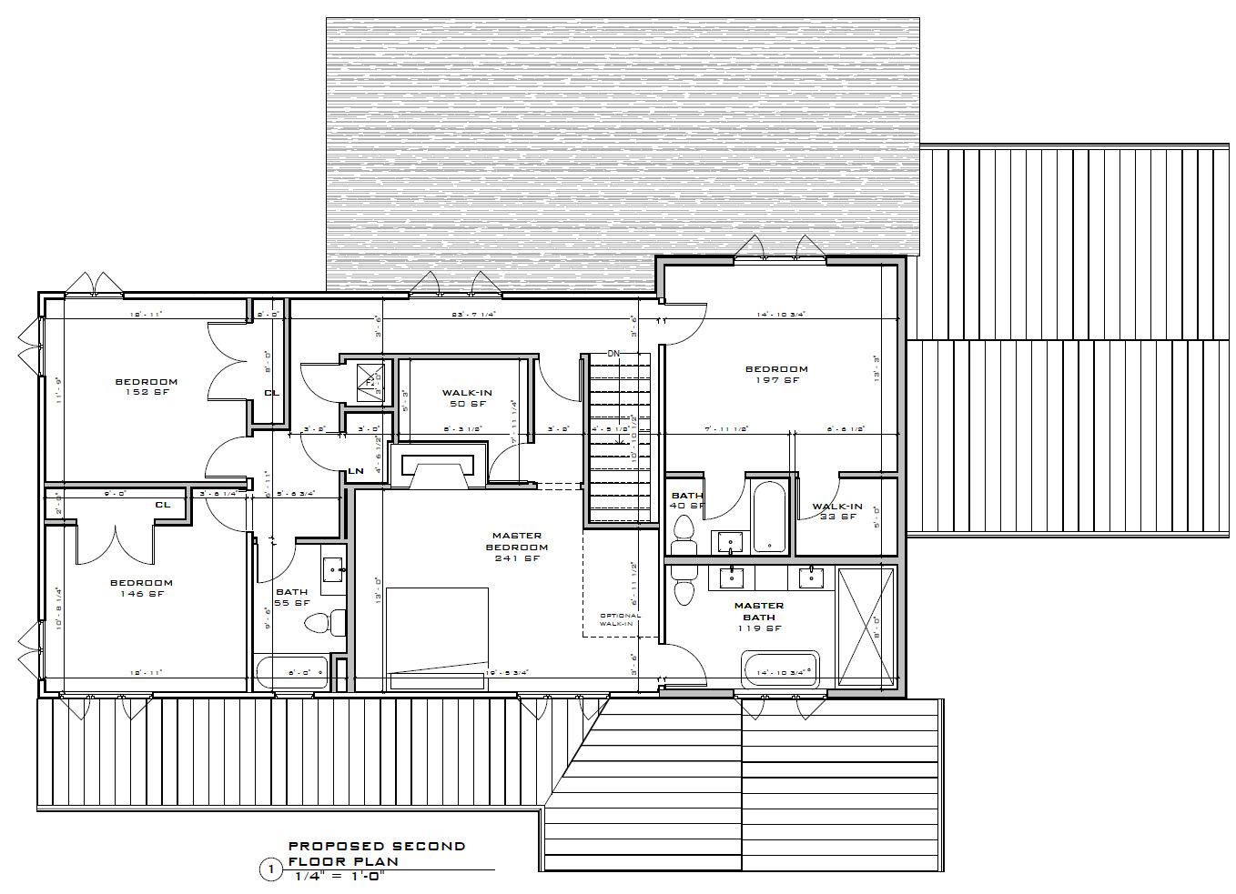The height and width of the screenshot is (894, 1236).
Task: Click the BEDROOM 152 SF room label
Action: click(146, 387)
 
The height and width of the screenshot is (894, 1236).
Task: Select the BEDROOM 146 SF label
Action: click(141, 588)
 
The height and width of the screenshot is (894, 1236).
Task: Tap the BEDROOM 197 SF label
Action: click(776, 374)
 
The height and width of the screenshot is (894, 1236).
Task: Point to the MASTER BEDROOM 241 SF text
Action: click(517, 547)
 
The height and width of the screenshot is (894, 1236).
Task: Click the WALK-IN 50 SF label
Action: click(466, 398)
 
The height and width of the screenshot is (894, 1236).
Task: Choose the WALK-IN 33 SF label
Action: click(837, 511)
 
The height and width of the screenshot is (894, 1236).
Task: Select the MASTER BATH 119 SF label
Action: click(758, 616)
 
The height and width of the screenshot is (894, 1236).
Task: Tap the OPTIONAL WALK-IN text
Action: click(619, 620)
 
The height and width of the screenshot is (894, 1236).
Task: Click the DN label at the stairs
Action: click(614, 353)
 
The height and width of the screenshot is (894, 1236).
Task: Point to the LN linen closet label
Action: click(356, 471)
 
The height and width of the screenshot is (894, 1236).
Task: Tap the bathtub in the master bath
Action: click(781, 670)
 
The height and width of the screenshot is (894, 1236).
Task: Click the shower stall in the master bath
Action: click(866, 627)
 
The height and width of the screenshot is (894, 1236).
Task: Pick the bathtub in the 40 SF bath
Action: click(770, 517)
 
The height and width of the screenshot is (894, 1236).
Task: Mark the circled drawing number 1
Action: click(270, 870)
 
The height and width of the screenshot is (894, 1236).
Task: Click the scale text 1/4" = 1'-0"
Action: click(346, 878)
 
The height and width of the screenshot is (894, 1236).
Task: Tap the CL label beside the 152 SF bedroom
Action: click(270, 393)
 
